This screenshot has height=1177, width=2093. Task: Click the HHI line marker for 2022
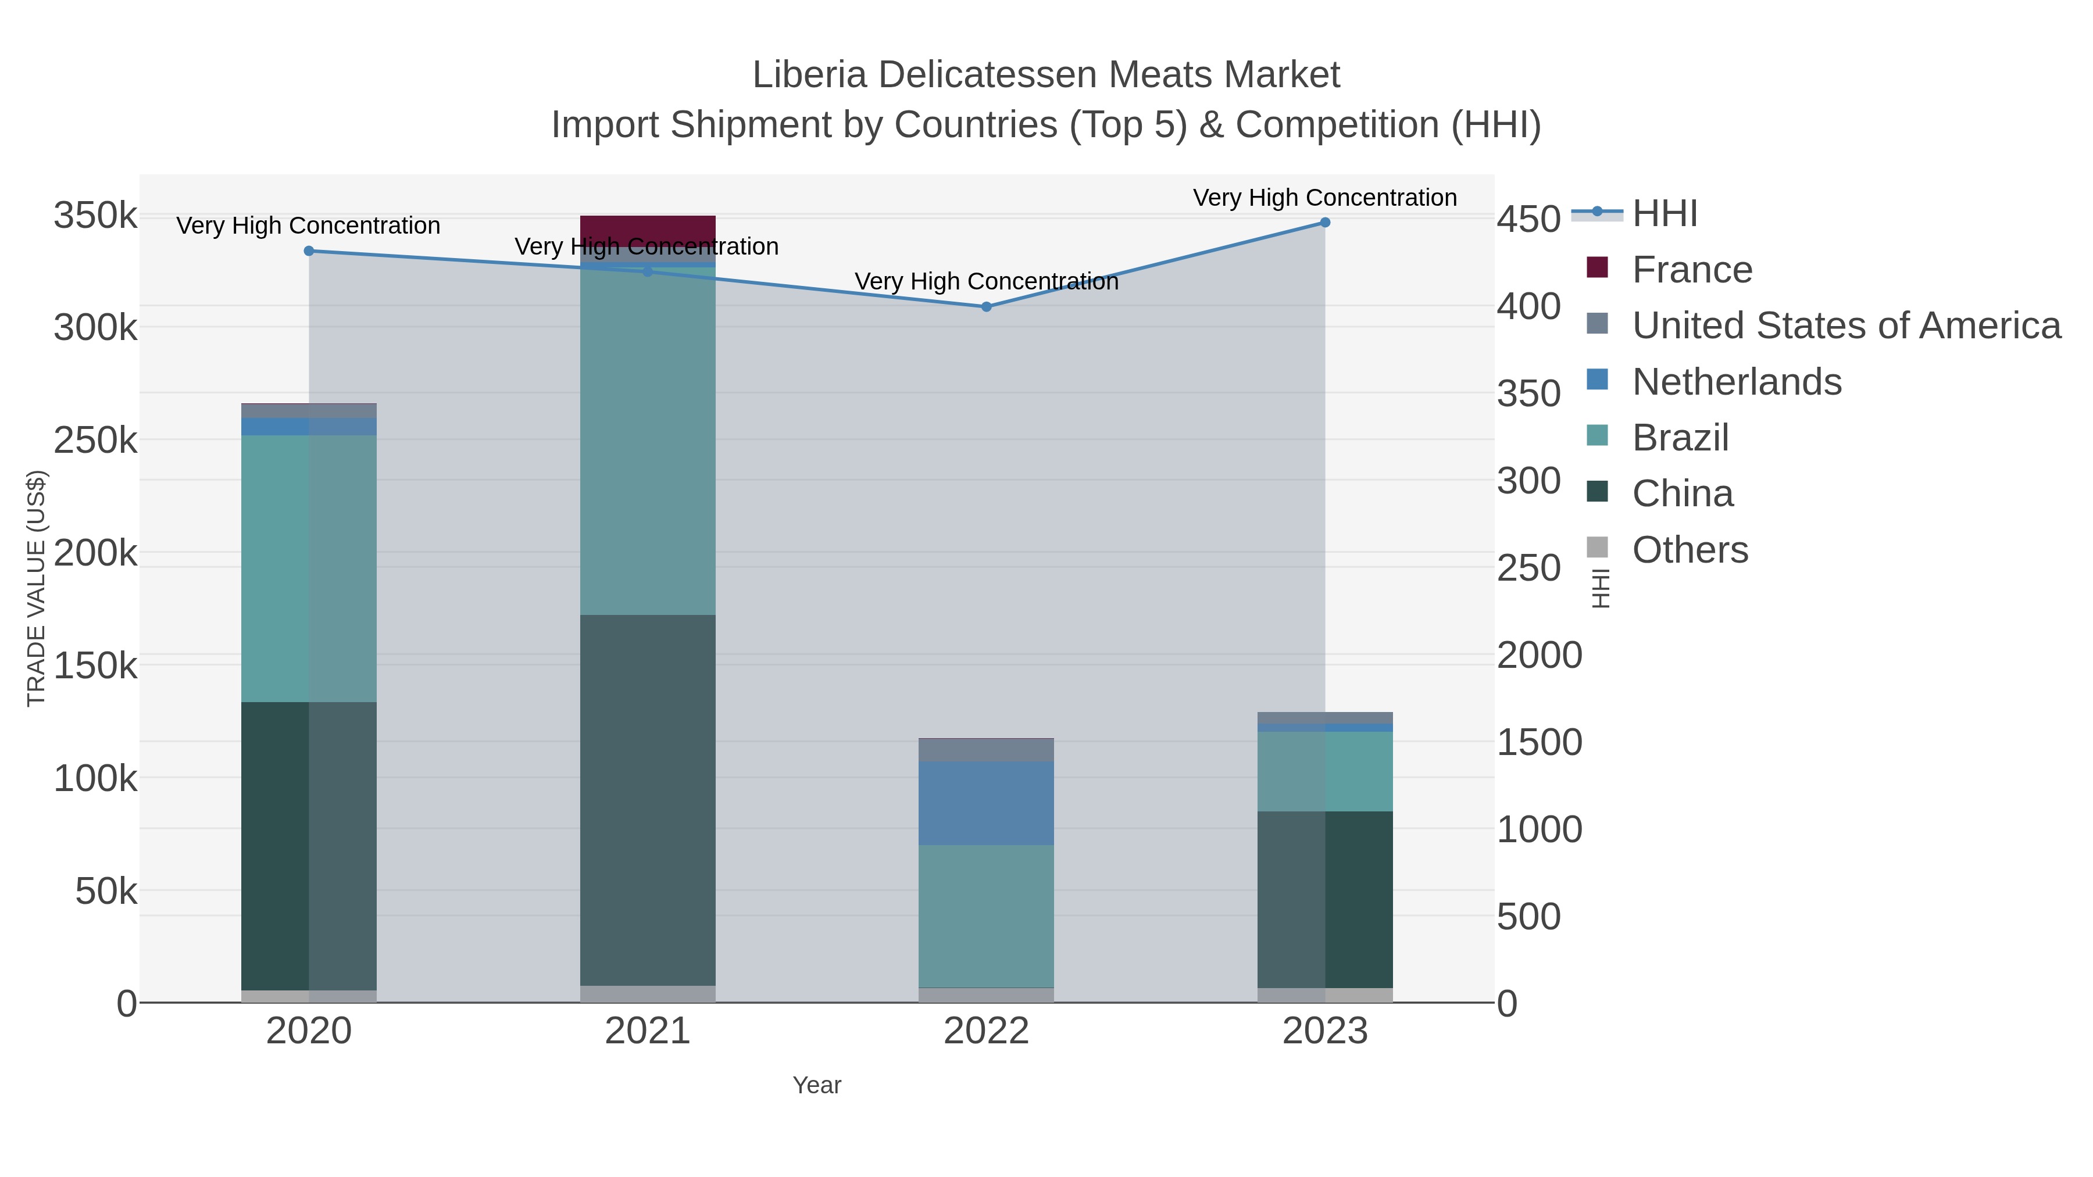pyautogui.click(x=987, y=307)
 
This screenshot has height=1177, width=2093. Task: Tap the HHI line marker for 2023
pyautogui.click(x=1325, y=223)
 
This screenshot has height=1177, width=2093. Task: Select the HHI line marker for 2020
pyautogui.click(x=309, y=251)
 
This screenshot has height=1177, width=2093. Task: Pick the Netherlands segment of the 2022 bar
pyautogui.click(x=987, y=803)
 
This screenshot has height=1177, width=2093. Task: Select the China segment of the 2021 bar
pyautogui.click(x=648, y=800)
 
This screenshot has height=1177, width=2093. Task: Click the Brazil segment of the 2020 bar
pyautogui.click(x=309, y=568)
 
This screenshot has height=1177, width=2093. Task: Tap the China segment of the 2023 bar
pyautogui.click(x=1325, y=899)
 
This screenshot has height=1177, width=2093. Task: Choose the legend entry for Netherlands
pyautogui.click(x=1736, y=382)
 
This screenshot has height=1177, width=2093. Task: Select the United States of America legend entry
pyautogui.click(x=1846, y=325)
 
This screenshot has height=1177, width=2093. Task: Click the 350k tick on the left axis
pyautogui.click(x=95, y=217)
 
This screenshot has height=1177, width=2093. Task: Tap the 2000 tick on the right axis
pyautogui.click(x=1539, y=656)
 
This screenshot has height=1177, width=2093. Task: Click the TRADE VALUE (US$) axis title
pyautogui.click(x=37, y=588)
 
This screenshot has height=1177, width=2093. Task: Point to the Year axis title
pyautogui.click(x=817, y=1085)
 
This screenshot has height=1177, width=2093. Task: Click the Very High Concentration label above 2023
pyautogui.click(x=1324, y=198)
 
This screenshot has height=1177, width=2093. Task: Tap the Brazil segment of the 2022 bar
pyautogui.click(x=987, y=916)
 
